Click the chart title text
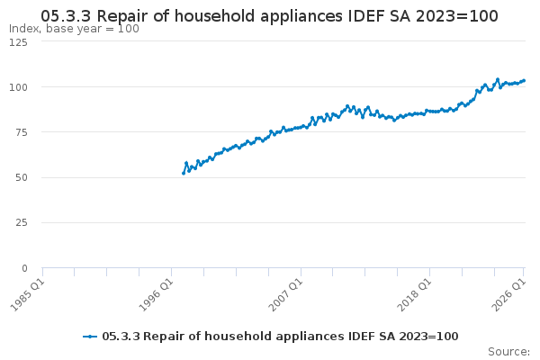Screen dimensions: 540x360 click(269, 16)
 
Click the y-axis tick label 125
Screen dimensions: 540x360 click(18, 42)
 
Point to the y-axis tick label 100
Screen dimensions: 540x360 click(18, 87)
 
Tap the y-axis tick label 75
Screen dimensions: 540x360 click(22, 132)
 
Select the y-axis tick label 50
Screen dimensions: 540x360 click(22, 178)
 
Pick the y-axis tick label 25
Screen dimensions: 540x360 click(22, 222)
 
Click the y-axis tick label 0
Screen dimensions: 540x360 click(24, 268)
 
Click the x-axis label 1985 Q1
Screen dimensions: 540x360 click(28, 295)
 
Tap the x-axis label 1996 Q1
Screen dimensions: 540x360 click(156, 295)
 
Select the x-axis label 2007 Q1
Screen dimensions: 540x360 click(285, 295)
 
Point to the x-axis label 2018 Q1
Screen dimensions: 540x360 click(414, 295)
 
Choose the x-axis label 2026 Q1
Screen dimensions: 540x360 click(509, 295)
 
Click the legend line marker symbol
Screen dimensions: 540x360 click(90, 337)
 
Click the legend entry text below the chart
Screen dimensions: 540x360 click(280, 337)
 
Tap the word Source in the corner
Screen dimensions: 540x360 click(508, 352)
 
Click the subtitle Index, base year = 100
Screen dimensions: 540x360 click(74, 29)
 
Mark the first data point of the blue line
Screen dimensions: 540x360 click(184, 174)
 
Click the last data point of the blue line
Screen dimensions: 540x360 click(524, 81)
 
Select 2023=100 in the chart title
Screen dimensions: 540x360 click(457, 16)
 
